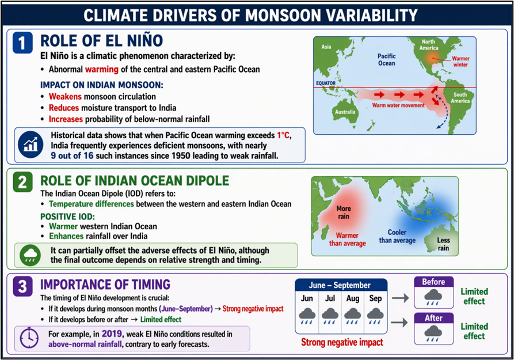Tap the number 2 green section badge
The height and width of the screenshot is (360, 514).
coord(22,183)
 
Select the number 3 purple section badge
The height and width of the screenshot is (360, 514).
coord(22,286)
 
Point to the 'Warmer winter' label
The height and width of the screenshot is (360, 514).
coord(460,62)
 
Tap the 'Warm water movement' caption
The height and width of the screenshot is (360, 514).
coord(399,105)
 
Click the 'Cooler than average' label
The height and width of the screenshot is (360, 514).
coord(397,236)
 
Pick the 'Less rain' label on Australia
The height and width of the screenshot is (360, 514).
coord(443,244)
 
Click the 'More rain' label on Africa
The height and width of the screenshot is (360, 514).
coord(344,213)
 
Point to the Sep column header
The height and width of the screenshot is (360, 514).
coord(375,298)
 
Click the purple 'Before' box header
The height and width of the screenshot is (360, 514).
coord(433,282)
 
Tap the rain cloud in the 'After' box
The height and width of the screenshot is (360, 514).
coord(433,334)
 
